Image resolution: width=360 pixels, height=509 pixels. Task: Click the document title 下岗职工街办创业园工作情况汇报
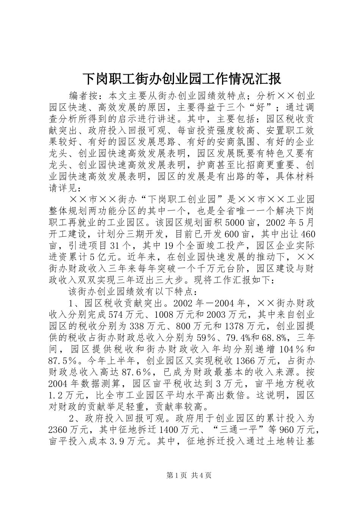pos(182,79)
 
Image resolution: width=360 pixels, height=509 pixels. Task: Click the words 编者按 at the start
pos(83,95)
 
